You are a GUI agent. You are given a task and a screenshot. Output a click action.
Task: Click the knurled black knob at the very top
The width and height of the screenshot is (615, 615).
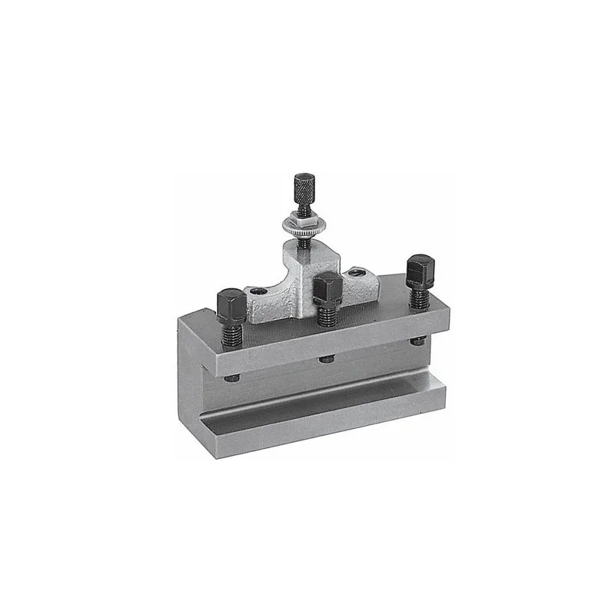301,187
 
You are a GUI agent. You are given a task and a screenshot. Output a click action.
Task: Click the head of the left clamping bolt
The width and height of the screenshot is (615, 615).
230,304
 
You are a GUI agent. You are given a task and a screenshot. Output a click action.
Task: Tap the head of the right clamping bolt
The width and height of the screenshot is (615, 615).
419,271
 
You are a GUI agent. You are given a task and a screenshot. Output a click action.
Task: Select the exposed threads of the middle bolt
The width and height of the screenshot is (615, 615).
325,310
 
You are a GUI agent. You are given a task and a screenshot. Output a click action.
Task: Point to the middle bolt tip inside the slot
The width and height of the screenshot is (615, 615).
327,358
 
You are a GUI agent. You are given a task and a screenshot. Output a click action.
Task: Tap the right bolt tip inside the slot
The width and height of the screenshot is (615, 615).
417,341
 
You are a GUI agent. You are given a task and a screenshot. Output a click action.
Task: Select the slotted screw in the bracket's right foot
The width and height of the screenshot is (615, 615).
355,272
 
